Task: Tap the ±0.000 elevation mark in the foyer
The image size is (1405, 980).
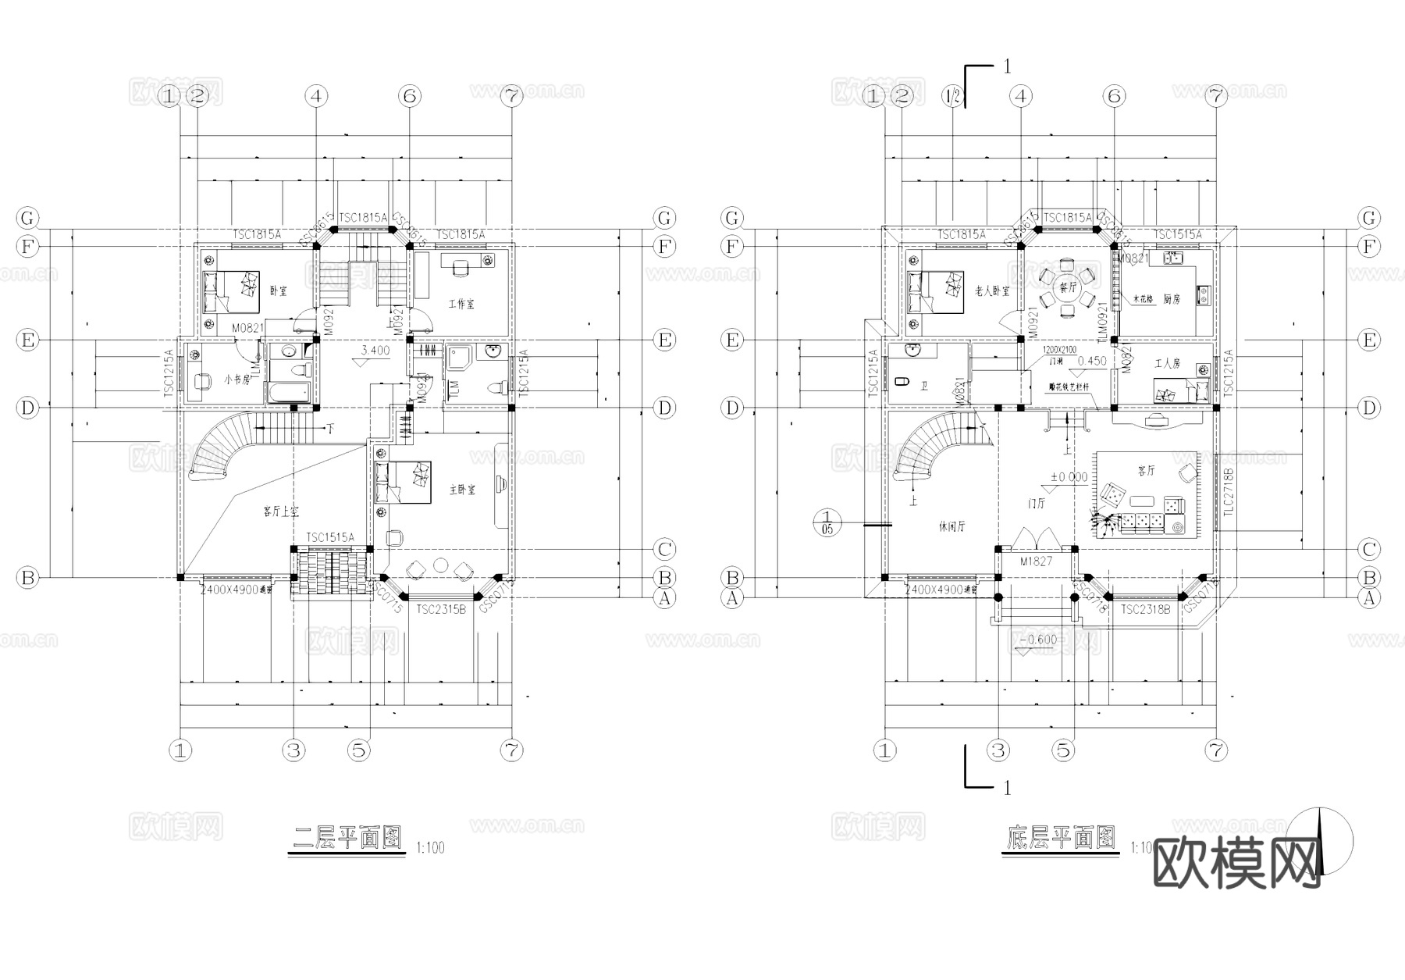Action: [x=1069, y=477]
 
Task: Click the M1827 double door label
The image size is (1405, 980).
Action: [x=1036, y=561]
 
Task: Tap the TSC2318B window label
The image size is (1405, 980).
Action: [x=1145, y=609]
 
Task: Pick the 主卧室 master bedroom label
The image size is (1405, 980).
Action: [x=462, y=490]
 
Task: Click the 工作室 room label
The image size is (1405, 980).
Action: [x=461, y=304]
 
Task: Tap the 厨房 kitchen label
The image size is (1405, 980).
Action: [x=1171, y=298]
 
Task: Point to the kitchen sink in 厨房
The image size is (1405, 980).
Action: [x=1171, y=257]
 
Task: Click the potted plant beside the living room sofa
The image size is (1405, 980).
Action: [x=1103, y=521]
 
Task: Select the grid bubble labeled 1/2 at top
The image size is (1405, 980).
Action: [x=953, y=97]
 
